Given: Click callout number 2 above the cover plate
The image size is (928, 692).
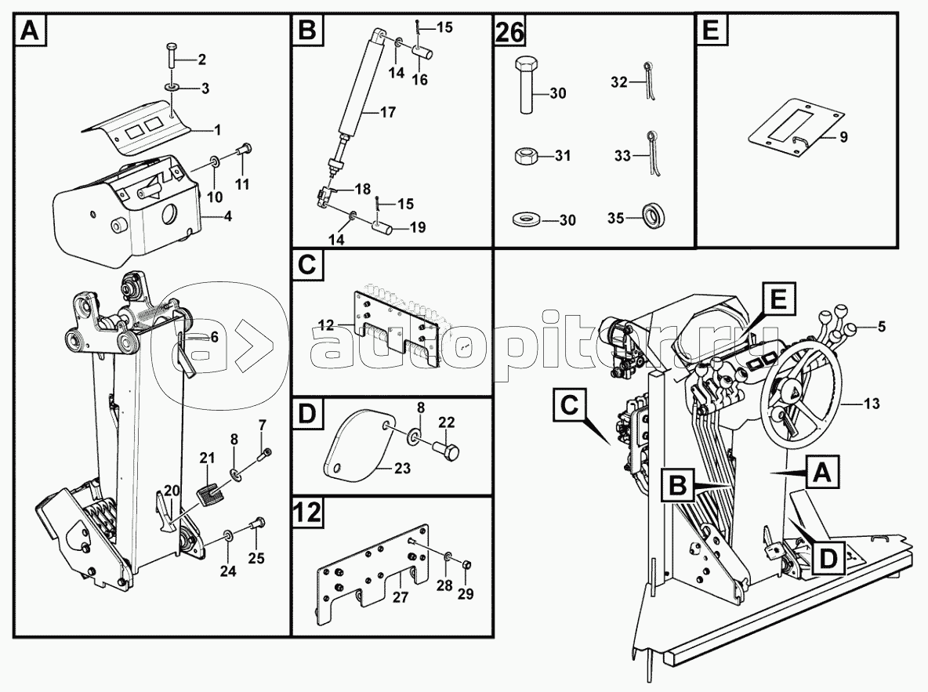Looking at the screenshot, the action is [201, 60].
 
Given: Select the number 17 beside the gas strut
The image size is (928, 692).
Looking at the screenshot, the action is [388, 112].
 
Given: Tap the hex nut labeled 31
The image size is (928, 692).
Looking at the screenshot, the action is [524, 156].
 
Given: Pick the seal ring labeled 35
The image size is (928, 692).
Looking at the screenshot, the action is [653, 217].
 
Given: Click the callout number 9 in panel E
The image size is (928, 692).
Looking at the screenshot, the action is [843, 137].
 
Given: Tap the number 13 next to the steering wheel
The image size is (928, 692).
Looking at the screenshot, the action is [872, 404].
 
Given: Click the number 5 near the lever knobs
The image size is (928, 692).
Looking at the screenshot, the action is [882, 327].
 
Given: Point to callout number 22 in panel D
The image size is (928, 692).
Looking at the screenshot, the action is [446, 422].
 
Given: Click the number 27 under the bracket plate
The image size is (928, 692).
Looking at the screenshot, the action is [401, 597].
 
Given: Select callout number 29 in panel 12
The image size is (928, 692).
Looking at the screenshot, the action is [466, 594].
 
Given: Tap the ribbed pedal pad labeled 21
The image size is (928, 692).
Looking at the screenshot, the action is [208, 494].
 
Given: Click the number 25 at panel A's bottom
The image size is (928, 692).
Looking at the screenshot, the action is [256, 558].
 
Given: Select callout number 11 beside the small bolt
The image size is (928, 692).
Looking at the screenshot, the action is [242, 184].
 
